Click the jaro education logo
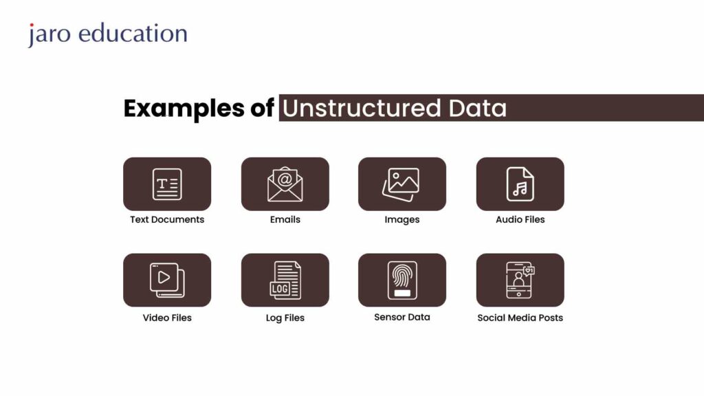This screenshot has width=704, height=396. (x=107, y=34)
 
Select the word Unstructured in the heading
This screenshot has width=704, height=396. (x=362, y=109)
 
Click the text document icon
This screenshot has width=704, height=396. (x=167, y=184)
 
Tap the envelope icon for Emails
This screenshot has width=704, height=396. (x=285, y=184)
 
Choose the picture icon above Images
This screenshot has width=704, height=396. (x=401, y=184)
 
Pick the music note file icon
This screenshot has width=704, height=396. (x=520, y=184)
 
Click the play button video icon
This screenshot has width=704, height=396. (x=167, y=280)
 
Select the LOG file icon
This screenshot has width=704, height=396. (x=285, y=280)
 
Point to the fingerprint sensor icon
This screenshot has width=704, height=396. (x=401, y=280)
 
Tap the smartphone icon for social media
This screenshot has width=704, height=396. (x=520, y=280)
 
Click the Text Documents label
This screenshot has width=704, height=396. (x=167, y=220)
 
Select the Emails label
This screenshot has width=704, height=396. (x=285, y=220)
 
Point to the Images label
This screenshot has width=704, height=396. (x=401, y=220)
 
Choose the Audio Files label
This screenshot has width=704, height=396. (x=520, y=220)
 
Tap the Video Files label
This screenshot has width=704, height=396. (x=167, y=318)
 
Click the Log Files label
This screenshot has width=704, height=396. (x=285, y=318)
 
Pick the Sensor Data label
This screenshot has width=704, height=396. (x=401, y=317)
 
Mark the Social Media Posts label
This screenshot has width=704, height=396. (x=520, y=318)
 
